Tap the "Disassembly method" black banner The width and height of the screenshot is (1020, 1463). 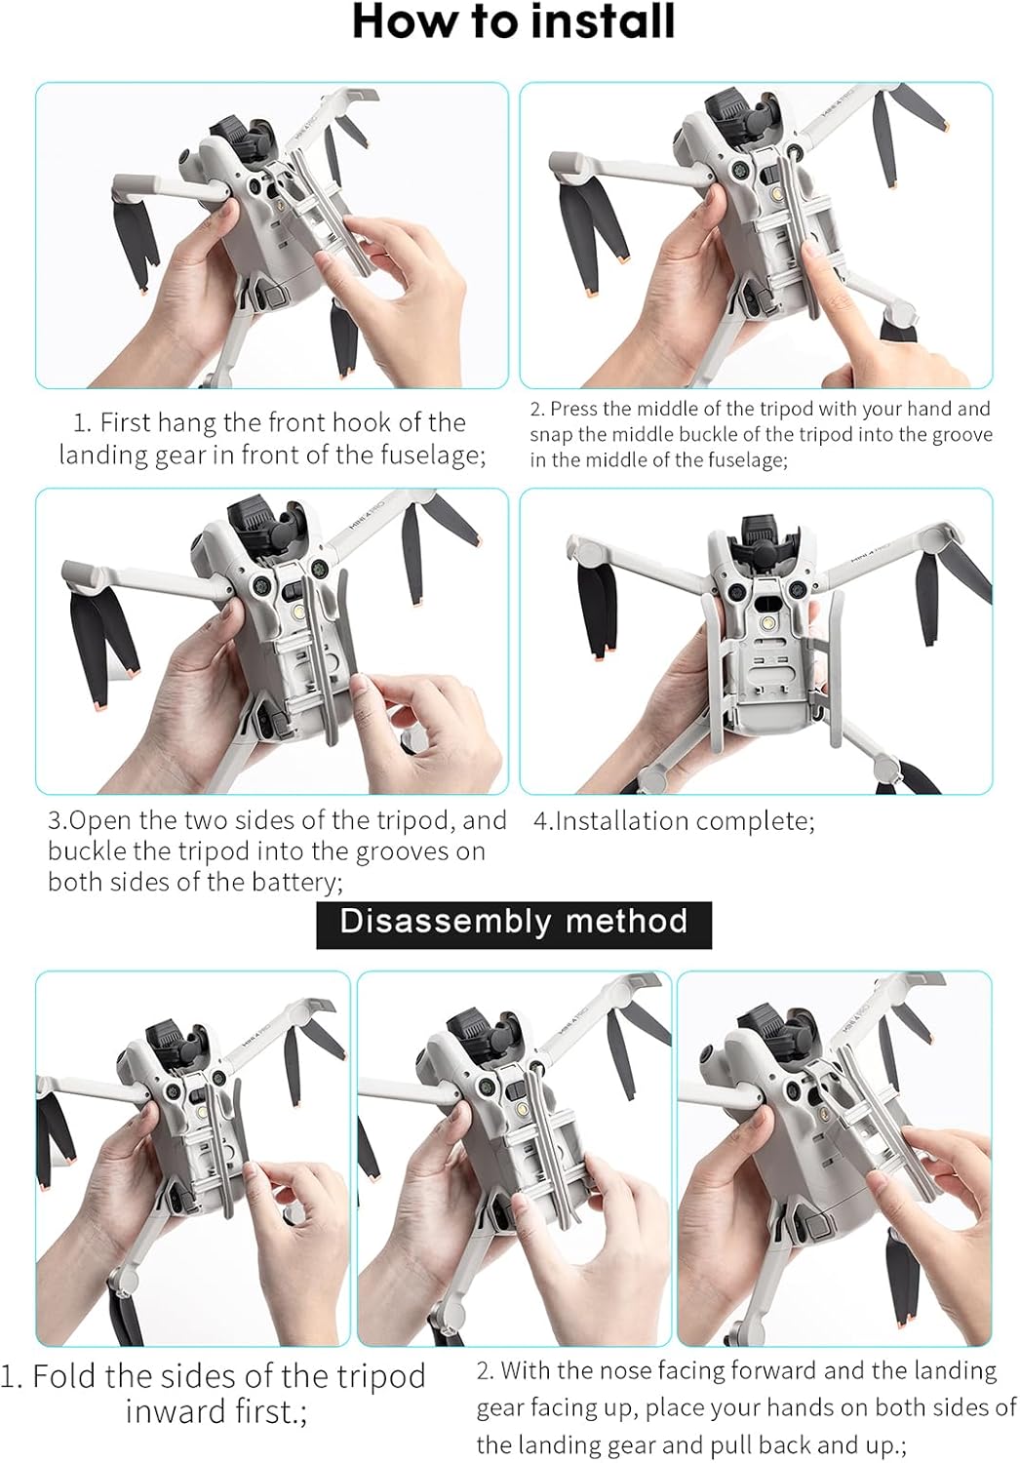coord(514,925)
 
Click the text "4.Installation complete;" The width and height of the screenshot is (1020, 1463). coord(675,821)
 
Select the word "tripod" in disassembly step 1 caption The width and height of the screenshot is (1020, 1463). coord(378,1377)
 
